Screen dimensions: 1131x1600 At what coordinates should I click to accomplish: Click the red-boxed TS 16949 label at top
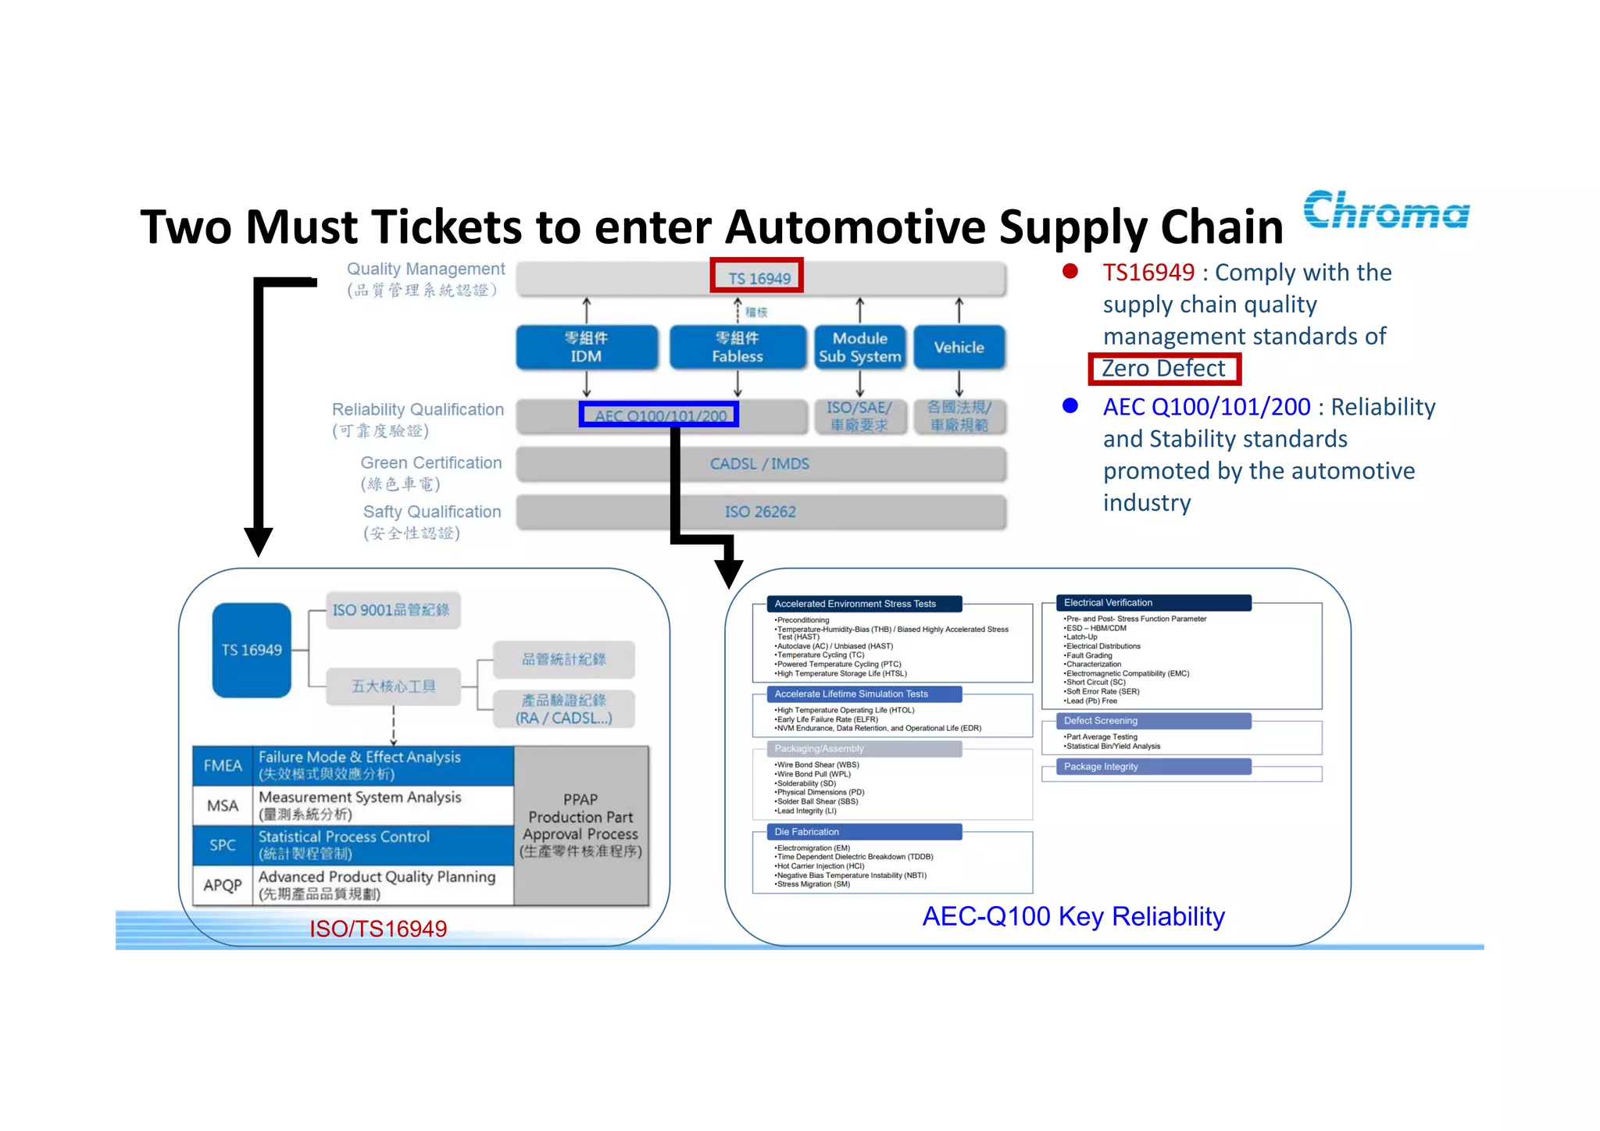click(x=757, y=277)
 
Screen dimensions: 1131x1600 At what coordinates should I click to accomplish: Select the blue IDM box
click(x=586, y=348)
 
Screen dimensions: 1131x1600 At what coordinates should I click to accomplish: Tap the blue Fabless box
click(x=737, y=348)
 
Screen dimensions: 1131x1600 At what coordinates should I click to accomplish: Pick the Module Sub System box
click(x=859, y=348)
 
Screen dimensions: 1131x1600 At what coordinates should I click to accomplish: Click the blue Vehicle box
click(x=959, y=348)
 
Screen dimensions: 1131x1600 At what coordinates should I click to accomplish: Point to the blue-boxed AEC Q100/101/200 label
click(x=659, y=416)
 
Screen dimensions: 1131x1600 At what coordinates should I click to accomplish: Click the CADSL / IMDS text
click(x=759, y=464)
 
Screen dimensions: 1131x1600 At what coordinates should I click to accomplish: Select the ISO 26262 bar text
click(x=759, y=512)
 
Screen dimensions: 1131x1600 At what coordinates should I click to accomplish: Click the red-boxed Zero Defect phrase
click(x=1163, y=369)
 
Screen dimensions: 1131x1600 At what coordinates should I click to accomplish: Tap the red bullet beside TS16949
click(x=1070, y=272)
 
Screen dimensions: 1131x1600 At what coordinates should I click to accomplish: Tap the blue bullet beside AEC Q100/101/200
click(x=1070, y=406)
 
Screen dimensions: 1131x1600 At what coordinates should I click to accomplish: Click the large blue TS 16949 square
click(x=252, y=650)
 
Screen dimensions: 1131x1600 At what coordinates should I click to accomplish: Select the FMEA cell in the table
click(x=223, y=765)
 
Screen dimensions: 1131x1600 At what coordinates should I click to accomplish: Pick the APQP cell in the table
click(x=223, y=885)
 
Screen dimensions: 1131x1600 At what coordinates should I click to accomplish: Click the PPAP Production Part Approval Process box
click(x=580, y=826)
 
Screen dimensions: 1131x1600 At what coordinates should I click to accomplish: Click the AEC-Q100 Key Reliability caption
click(x=1073, y=916)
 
